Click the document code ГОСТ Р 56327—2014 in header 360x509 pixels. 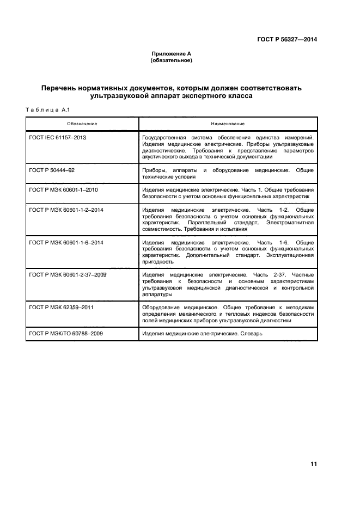point(286,40)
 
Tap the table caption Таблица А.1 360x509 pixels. point(46,111)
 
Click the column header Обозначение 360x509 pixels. point(81,124)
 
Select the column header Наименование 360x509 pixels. point(228,124)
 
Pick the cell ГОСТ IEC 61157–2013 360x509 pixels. point(57,138)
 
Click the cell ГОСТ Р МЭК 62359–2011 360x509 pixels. point(61,308)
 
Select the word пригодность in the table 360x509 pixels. point(157,261)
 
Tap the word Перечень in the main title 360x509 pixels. point(63,88)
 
